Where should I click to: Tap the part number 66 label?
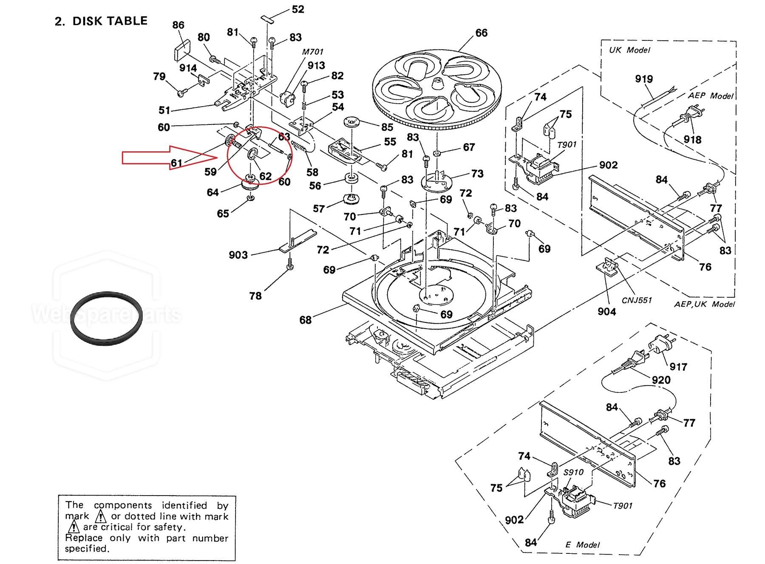tap(481, 33)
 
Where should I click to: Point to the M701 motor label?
tap(313, 52)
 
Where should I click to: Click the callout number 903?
tap(238, 255)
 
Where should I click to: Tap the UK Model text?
tap(629, 50)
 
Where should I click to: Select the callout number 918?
tap(692, 140)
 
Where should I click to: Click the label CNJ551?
tap(637, 300)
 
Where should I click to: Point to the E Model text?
tap(582, 544)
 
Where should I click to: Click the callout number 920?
tap(661, 380)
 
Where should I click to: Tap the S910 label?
tap(574, 472)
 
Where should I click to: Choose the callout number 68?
tap(305, 320)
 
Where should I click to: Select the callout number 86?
tap(178, 25)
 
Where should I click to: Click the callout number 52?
tap(298, 9)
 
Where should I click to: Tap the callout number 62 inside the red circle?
tap(266, 176)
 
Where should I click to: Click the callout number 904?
tap(606, 312)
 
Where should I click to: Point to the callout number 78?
tap(255, 296)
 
